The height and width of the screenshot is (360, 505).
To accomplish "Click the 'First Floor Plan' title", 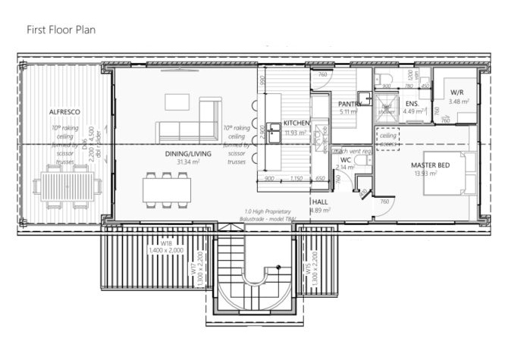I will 61,30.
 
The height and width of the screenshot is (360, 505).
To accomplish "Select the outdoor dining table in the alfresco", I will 71,185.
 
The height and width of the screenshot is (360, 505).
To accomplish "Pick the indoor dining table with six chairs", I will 167,188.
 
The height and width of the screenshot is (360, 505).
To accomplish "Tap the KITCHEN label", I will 296,123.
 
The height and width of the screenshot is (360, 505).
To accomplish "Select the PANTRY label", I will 349,104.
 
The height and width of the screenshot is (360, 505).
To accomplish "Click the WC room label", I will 345,160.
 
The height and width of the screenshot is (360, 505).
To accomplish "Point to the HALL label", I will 320,202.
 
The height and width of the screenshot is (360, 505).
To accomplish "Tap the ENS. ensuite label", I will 412,103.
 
